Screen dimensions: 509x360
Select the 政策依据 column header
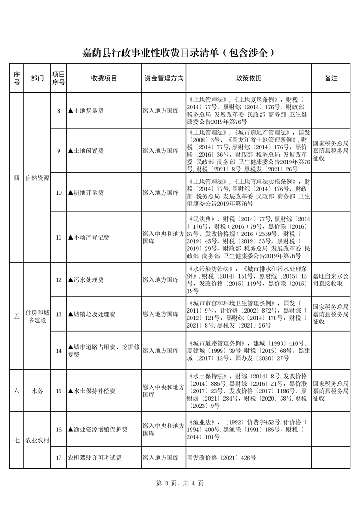249,78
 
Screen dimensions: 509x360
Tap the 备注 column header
331,78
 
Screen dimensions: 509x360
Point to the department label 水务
38,391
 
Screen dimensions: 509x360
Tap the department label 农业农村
38,440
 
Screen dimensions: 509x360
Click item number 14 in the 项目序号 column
59,351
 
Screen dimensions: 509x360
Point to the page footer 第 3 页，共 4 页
180,483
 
